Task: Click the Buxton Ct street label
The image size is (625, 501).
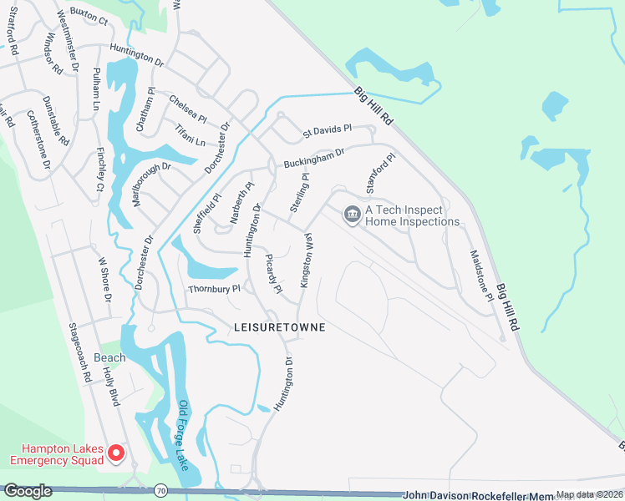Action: click(89, 17)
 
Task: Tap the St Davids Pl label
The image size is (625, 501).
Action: click(328, 131)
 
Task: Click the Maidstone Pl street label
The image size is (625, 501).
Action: click(479, 276)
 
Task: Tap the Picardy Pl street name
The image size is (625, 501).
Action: click(273, 272)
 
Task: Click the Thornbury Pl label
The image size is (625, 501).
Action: click(214, 289)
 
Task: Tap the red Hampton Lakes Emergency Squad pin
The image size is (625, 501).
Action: click(116, 453)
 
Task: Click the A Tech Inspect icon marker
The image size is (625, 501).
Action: click(352, 215)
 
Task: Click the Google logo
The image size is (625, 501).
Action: click(28, 491)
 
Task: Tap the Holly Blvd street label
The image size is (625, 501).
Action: click(112, 389)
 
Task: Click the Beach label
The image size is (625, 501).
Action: click(109, 357)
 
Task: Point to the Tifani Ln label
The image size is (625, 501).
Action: click(190, 132)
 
